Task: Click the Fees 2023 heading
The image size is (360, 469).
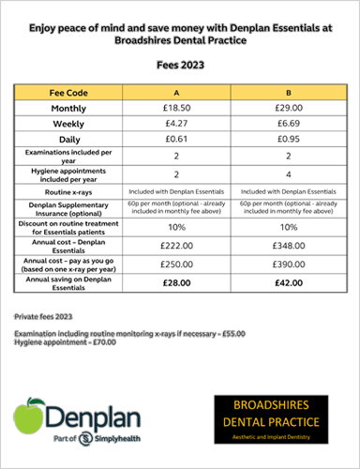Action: tap(180, 66)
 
